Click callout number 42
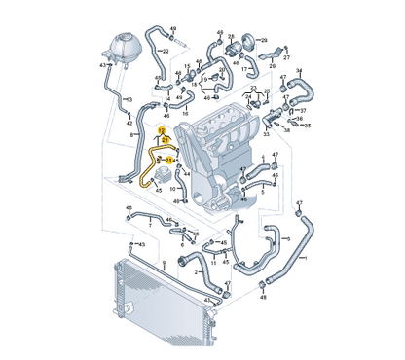tap(129, 123)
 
